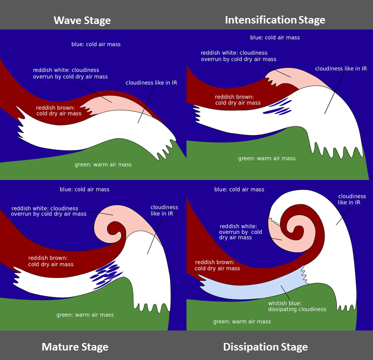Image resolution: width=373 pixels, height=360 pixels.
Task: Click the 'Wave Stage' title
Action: [82, 20]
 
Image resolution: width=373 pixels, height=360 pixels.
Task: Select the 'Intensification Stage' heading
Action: [275, 20]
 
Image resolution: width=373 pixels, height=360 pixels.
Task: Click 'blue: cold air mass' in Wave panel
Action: [96, 44]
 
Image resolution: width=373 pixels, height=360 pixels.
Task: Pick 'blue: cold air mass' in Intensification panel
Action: [274, 37]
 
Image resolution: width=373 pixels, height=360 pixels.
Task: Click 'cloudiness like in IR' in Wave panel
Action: [151, 82]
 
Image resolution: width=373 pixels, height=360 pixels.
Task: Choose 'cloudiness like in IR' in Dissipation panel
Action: [352, 200]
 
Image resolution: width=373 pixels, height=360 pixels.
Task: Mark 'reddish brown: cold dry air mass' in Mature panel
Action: [51, 261]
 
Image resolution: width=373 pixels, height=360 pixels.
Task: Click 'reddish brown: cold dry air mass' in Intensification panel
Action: [237, 99]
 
